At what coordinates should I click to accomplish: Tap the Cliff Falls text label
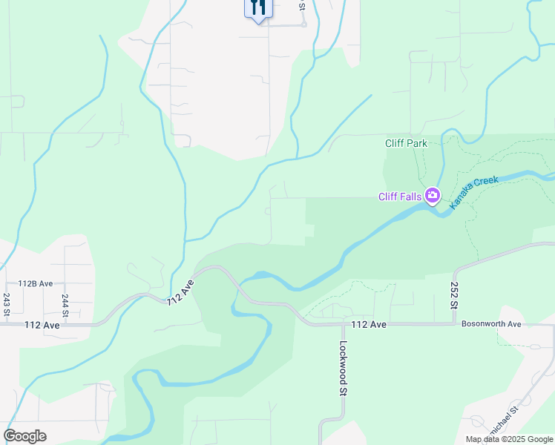tap(400, 197)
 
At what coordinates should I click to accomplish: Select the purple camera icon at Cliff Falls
tap(432, 197)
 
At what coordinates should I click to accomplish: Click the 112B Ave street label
tap(36, 283)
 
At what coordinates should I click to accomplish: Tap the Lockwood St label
tap(344, 367)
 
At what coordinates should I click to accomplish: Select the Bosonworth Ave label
tap(492, 324)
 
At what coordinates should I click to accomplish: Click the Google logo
tap(24, 436)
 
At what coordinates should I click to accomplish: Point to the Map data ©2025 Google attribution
tap(508, 439)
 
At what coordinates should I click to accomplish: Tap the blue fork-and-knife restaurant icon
tap(258, 7)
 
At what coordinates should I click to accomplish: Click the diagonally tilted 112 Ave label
tap(180, 292)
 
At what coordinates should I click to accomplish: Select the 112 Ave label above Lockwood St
tap(370, 325)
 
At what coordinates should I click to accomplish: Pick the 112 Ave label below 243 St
tap(42, 325)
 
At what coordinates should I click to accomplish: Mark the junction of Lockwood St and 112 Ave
tap(343, 324)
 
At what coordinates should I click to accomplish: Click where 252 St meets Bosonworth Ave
tap(454, 323)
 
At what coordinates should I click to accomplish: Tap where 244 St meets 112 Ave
tap(65, 324)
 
